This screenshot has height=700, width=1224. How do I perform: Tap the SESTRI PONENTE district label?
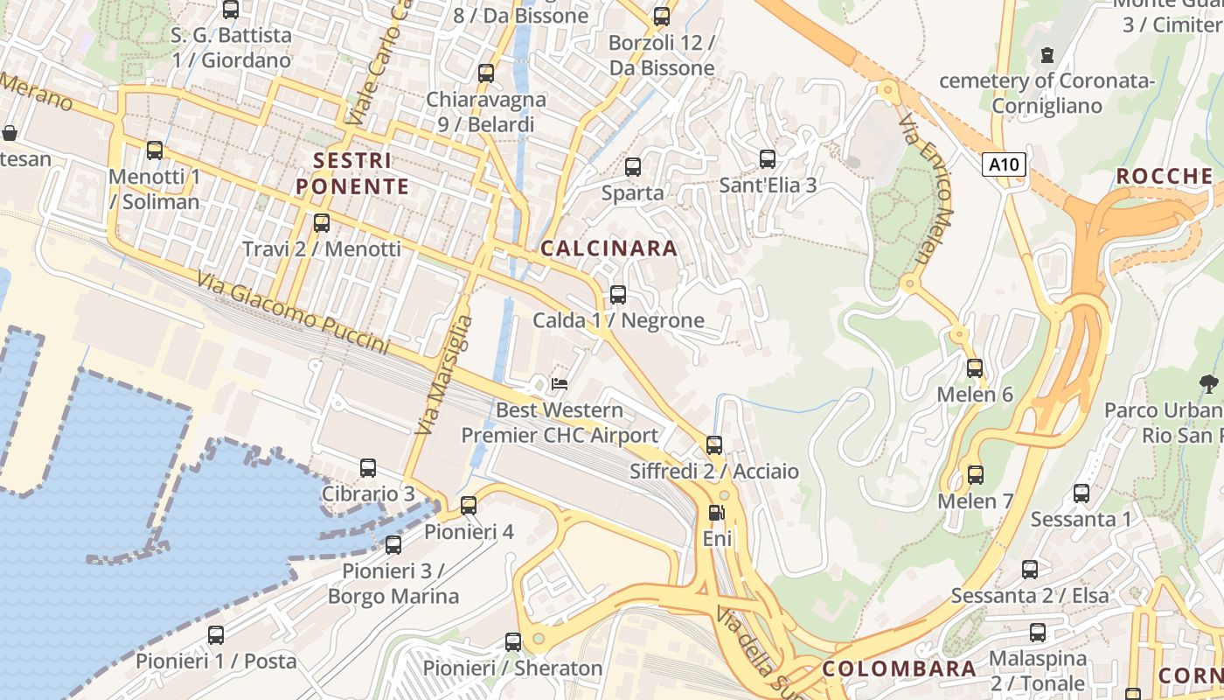click(352, 173)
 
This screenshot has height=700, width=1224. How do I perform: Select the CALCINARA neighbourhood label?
click(609, 248)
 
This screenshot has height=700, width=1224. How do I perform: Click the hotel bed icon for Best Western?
click(560, 383)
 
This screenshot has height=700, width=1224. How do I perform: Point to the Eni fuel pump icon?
click(716, 514)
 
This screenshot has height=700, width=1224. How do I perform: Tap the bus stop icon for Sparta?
click(633, 166)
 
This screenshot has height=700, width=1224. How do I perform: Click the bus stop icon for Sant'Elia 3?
click(768, 159)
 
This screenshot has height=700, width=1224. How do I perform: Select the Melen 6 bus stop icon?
click(975, 368)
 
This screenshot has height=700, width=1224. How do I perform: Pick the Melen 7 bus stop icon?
click(975, 475)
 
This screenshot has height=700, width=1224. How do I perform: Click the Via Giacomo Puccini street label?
click(293, 312)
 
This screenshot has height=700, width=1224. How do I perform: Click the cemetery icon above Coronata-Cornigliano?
click(1047, 55)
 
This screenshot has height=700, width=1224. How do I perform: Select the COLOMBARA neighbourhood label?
click(899, 669)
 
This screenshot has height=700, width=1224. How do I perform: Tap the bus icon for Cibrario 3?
click(368, 468)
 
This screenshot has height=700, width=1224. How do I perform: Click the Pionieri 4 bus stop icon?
click(469, 506)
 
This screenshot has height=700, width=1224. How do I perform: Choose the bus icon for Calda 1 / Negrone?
click(618, 295)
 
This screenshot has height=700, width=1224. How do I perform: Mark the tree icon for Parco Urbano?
click(1209, 383)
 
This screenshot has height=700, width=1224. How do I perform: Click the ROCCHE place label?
click(1164, 177)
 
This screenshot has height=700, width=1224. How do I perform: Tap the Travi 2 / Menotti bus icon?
click(322, 223)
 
